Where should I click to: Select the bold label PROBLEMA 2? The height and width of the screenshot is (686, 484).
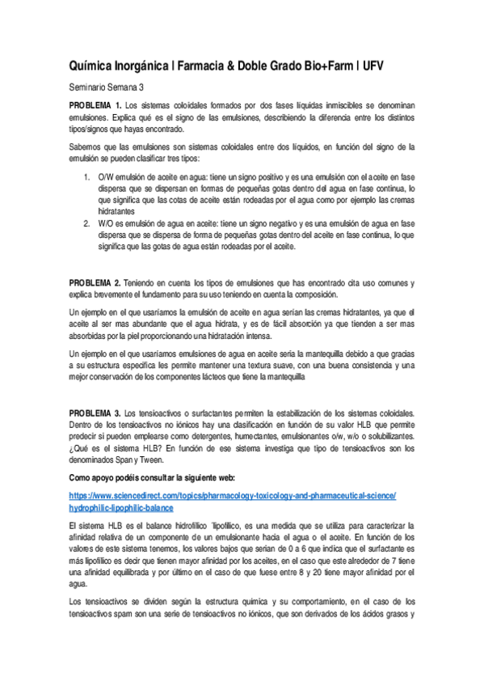tap(95, 282)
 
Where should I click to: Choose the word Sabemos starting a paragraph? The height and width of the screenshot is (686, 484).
tap(87, 146)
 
